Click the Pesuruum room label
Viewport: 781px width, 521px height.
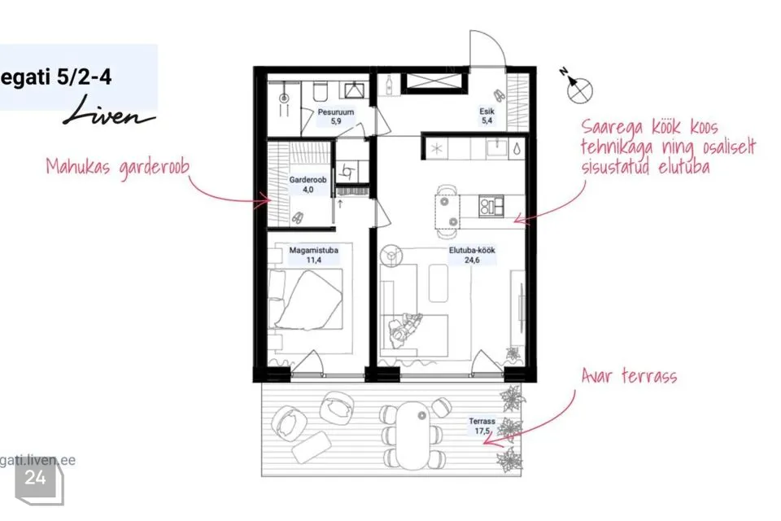336,116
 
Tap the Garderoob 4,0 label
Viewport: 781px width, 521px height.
308,185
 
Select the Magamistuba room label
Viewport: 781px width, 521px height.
314,255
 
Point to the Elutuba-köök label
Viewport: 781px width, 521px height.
472,255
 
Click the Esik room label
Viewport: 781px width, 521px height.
486,116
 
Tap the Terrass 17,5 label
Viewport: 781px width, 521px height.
482,427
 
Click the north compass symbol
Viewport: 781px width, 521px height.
578,88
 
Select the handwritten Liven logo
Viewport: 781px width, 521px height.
108,112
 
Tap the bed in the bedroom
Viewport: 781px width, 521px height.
305,299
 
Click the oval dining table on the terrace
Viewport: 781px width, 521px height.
413,431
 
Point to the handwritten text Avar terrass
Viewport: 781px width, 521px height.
629,375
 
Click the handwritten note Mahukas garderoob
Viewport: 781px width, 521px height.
117,167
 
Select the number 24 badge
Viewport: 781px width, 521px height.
36,478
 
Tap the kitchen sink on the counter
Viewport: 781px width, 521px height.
496,147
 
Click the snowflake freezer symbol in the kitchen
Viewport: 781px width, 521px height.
437,149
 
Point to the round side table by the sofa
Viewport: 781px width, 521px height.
391,256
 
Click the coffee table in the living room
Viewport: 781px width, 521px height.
438,283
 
